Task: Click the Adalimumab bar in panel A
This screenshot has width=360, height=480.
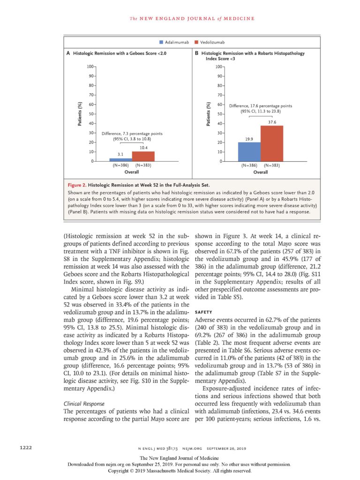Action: [x=120, y=160]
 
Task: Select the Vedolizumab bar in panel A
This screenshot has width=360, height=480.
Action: [x=143, y=157]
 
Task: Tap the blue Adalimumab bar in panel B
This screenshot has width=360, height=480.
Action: [x=249, y=152]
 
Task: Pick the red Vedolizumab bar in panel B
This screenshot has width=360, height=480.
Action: [x=272, y=143]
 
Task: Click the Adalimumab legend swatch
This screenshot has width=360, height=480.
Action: [x=161, y=43]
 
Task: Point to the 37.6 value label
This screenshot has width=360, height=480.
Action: [x=272, y=122]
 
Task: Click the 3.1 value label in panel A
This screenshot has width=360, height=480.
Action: [x=120, y=154]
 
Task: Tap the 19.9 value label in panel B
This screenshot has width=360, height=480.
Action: [x=249, y=139]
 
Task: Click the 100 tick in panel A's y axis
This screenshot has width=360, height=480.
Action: [x=91, y=67]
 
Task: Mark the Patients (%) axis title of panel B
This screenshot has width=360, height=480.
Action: [x=209, y=114]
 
